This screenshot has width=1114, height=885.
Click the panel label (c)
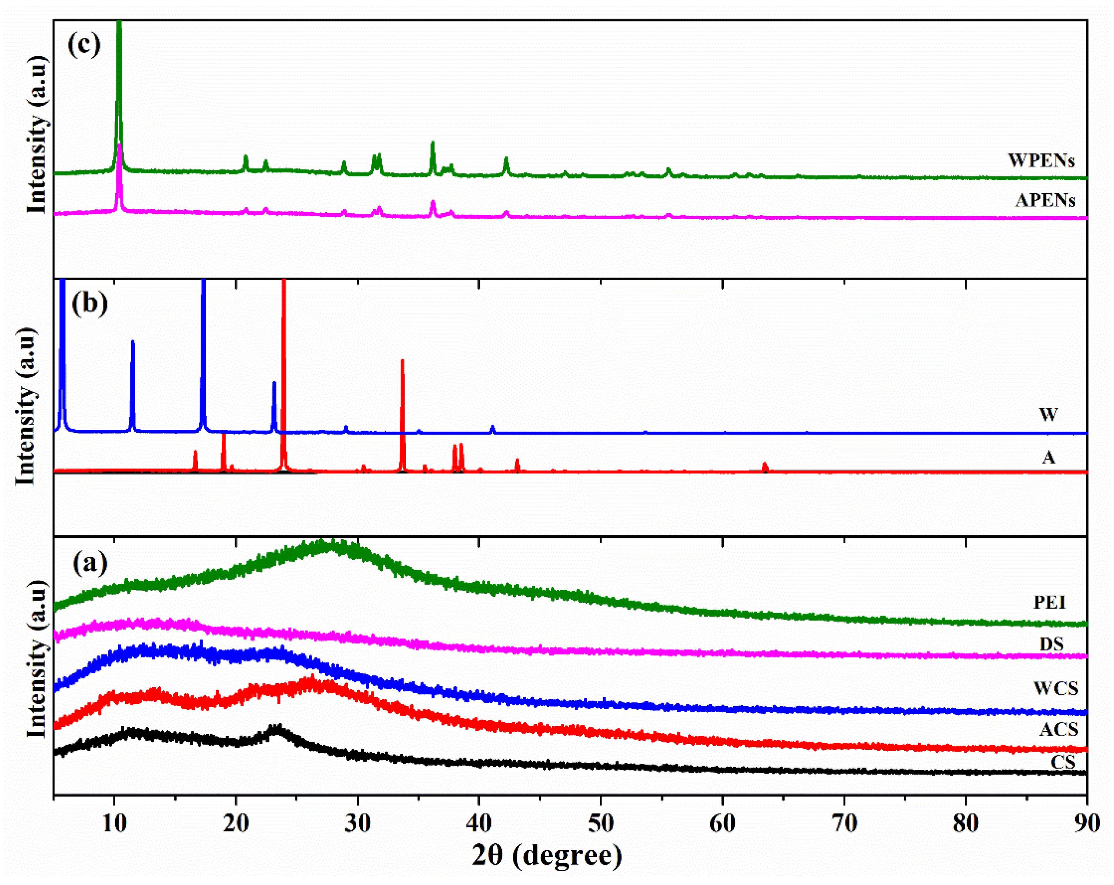(x=84, y=45)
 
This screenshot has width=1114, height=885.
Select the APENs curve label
(x=1045, y=200)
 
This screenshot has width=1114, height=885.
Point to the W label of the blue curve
(x=1049, y=414)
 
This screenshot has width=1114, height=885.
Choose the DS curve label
(x=1052, y=644)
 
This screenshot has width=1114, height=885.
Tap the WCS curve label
(x=1056, y=688)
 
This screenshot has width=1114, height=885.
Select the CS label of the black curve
(x=1063, y=762)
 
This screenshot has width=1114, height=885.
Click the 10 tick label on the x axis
(x=114, y=823)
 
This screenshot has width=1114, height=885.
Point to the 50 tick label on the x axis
(x=600, y=823)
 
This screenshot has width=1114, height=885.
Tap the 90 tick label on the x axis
(x=1087, y=823)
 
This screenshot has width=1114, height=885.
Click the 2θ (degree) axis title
(x=547, y=855)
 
